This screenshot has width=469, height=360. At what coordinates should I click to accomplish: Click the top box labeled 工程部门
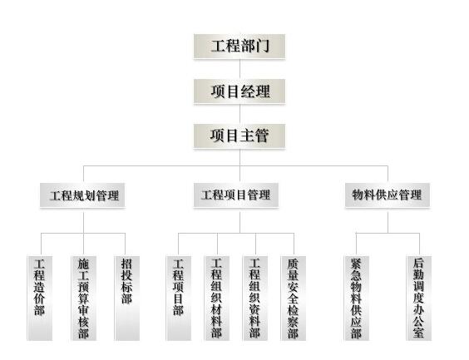239,47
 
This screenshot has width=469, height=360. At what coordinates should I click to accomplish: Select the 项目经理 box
239,91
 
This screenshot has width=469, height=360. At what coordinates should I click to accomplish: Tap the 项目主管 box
239,136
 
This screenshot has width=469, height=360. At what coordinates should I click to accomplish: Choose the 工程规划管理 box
82,195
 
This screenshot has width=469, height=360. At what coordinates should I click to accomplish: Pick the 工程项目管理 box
236,195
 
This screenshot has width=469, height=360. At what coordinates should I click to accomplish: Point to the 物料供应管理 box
388,195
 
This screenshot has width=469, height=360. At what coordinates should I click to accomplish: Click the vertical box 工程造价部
40,298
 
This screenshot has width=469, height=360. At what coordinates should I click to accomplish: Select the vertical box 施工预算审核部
84,298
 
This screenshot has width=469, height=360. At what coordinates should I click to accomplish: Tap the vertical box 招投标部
127,298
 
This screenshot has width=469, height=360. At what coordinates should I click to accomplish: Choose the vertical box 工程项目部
179,298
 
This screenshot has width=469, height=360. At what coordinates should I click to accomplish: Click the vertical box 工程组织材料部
217,298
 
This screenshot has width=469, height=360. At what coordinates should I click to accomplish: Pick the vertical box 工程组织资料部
255,298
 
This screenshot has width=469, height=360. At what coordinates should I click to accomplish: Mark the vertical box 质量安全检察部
293,298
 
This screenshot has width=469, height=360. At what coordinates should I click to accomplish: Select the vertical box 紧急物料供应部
357,298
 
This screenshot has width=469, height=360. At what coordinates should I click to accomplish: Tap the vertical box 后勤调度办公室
419,298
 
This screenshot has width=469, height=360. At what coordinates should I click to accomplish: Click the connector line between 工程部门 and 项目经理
239,69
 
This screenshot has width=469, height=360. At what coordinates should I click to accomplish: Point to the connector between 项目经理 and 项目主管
239,114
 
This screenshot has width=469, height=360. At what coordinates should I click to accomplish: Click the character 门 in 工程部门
263,47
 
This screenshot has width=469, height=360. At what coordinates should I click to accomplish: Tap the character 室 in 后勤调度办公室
419,333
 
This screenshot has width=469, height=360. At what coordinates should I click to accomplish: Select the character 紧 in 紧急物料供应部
356,264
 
